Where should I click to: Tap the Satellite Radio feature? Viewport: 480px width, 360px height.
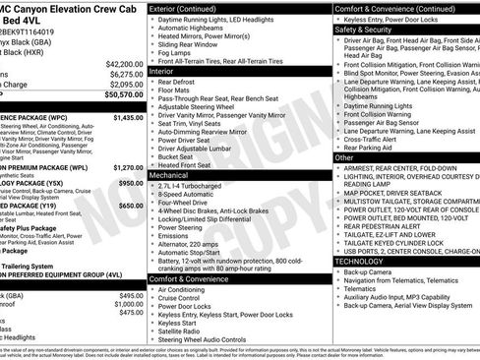(x=186, y=330)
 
